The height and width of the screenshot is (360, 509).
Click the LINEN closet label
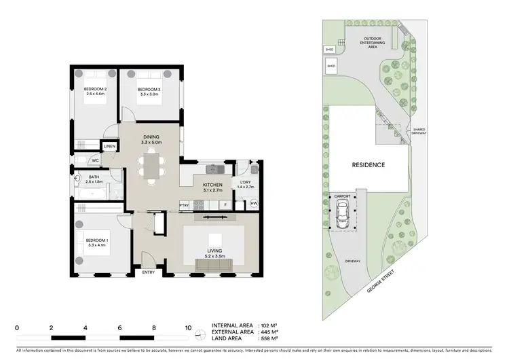click(109, 146)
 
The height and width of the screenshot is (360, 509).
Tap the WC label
click(96, 161)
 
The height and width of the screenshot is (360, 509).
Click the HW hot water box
click(254, 204)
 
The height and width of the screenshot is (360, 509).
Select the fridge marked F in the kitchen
click(223, 204)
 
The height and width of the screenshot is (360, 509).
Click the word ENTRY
click(149, 272)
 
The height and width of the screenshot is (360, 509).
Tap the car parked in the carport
click(343, 217)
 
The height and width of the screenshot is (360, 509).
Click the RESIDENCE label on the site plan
click(369, 165)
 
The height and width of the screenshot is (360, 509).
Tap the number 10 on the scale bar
click(188, 327)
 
